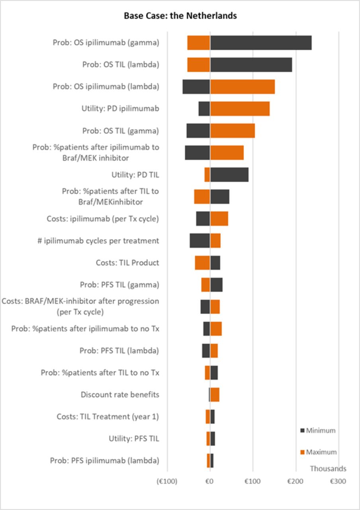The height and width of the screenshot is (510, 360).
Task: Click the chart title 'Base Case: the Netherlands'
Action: point(180,16)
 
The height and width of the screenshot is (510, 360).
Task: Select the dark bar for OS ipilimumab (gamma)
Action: point(261,43)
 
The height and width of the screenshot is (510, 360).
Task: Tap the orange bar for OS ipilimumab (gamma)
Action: point(199,43)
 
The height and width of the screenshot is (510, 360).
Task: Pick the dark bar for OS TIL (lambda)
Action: point(251,65)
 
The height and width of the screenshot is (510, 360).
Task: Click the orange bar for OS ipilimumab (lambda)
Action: point(243,86)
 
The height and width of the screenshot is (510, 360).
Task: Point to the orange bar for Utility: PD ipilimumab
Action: point(240,108)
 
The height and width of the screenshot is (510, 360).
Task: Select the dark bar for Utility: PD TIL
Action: point(229,175)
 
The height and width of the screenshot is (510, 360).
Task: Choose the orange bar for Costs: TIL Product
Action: point(202,263)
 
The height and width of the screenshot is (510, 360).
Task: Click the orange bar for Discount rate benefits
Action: point(215,394)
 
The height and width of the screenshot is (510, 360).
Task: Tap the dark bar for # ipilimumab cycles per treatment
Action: point(200,241)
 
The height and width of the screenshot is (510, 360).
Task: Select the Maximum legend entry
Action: point(318,452)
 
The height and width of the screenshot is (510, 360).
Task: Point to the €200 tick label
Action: point(295,481)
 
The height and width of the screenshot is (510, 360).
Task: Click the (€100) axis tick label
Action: point(167,481)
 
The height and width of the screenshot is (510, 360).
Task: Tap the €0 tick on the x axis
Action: point(210,481)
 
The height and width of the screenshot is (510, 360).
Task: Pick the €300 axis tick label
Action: point(338,481)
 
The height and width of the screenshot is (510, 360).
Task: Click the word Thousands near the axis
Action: point(328,469)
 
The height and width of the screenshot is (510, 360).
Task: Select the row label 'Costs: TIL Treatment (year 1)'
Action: point(108,417)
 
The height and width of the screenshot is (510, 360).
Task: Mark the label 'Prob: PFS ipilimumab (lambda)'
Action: point(105,461)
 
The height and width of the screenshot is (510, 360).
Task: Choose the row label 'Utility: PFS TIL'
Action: point(134,439)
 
